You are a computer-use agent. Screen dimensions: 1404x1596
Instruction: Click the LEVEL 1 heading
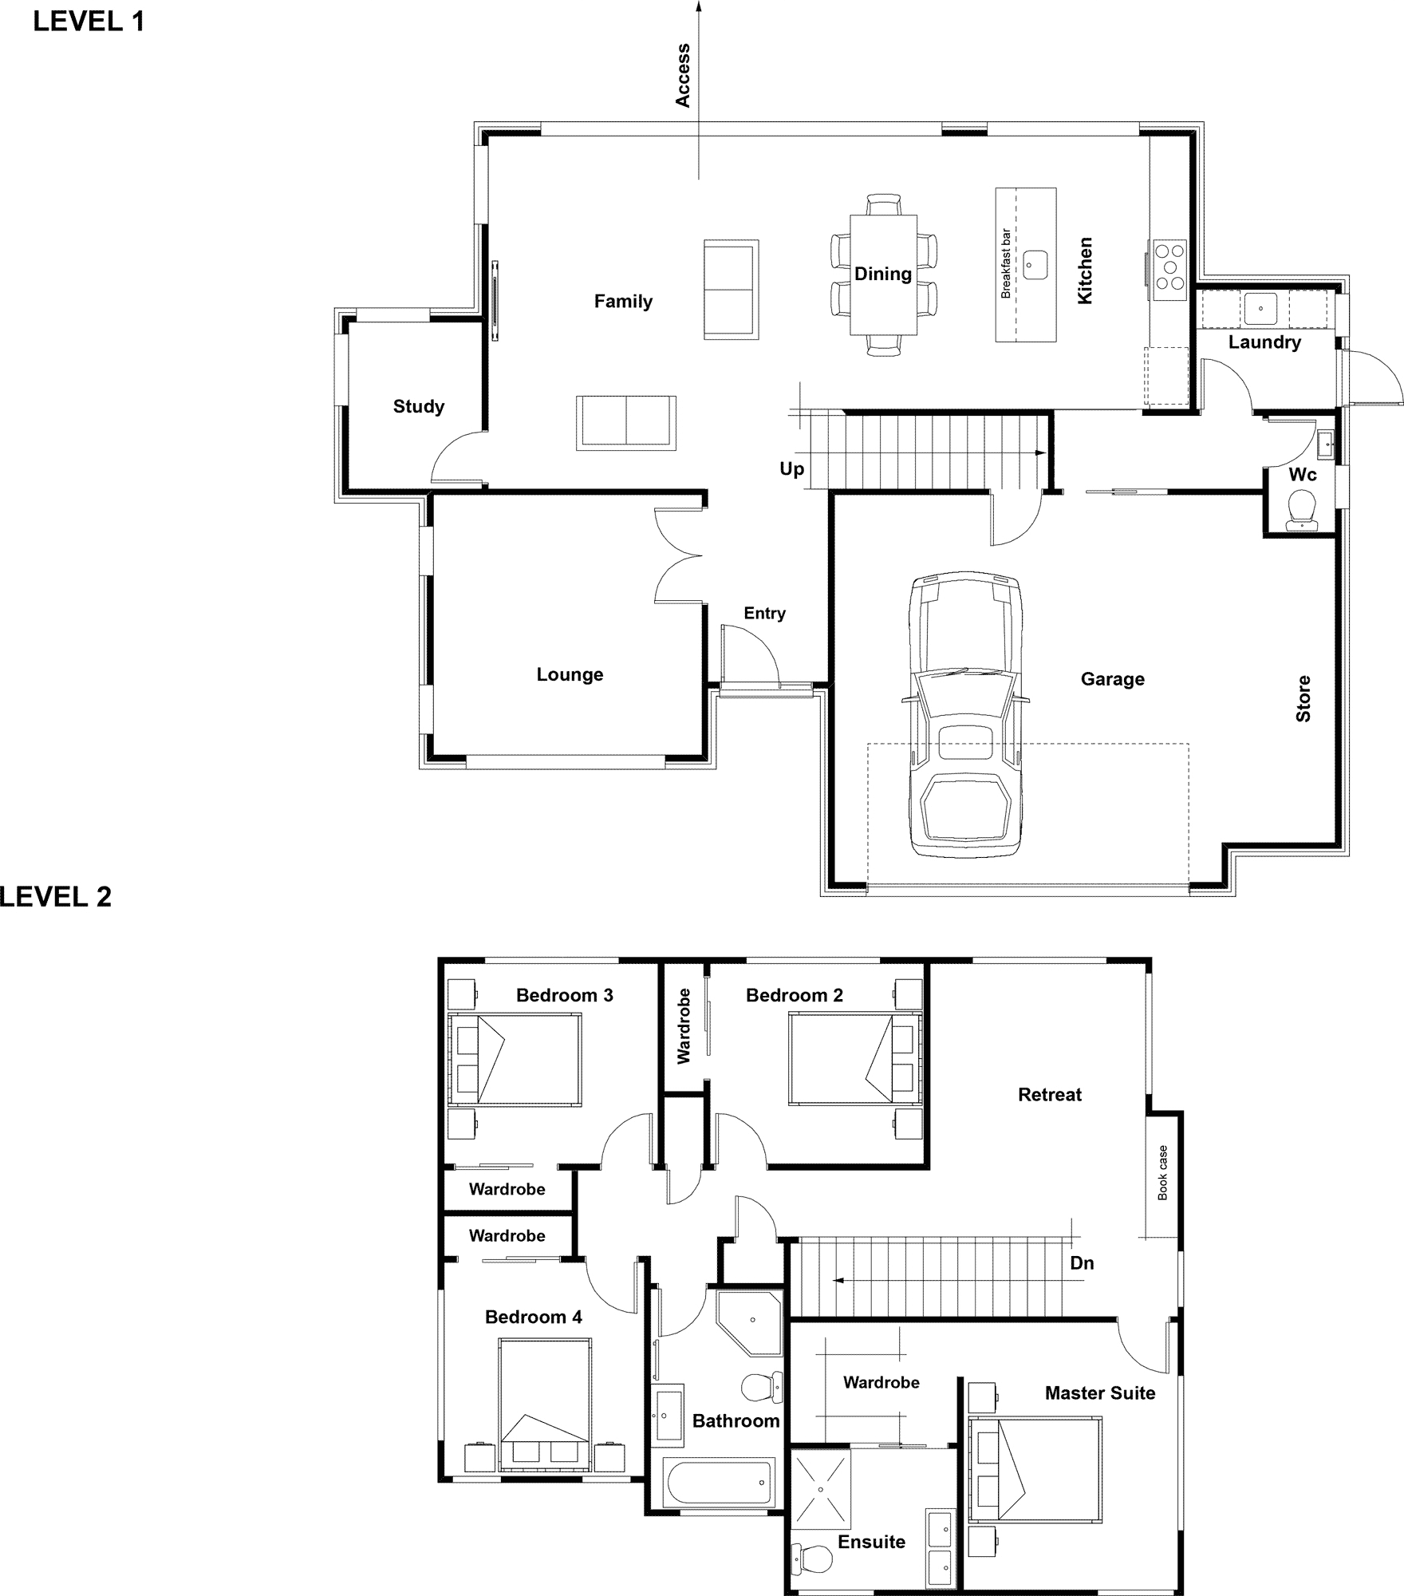(89, 22)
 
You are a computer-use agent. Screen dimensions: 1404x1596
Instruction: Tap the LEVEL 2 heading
(55, 897)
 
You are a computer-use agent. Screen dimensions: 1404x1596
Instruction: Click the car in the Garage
(966, 714)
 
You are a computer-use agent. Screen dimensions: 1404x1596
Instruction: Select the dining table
(884, 275)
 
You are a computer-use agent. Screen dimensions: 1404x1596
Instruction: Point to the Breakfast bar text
(1006, 264)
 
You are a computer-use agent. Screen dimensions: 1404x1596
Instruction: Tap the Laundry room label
(1264, 342)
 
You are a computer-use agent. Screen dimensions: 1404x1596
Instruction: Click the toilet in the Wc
(1302, 509)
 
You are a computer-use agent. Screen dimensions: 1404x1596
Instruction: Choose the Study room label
(419, 407)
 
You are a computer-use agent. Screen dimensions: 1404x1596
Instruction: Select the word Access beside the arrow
(683, 75)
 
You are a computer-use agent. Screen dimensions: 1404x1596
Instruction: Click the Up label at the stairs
(792, 469)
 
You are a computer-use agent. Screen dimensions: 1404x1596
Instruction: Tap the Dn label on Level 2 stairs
(1082, 1263)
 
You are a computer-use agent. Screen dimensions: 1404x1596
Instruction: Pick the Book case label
(1162, 1173)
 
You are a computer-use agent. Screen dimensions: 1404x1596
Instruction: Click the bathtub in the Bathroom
(720, 1481)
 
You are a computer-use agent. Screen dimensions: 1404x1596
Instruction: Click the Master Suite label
(1100, 1393)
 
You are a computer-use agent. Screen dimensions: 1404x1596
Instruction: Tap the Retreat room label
(1050, 1095)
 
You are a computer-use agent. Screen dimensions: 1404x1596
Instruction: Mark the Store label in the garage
(1303, 699)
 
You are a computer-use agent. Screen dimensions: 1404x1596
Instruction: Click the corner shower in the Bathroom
(749, 1321)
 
